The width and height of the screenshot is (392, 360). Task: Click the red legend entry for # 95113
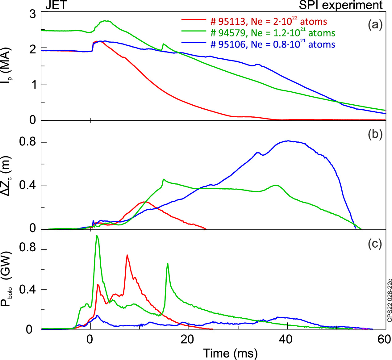[269, 21]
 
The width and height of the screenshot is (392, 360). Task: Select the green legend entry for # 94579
[273, 33]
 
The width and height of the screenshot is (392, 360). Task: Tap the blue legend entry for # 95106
[273, 44]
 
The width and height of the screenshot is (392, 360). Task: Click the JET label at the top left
[56, 5]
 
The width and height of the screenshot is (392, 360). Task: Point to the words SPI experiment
[341, 5]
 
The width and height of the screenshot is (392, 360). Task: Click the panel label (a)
[375, 24]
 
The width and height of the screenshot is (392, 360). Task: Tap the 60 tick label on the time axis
[384, 340]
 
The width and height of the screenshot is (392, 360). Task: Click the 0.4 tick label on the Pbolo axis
[28, 290]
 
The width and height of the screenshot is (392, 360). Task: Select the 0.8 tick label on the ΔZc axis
[28, 142]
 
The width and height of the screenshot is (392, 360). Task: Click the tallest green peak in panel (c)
[97, 236]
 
